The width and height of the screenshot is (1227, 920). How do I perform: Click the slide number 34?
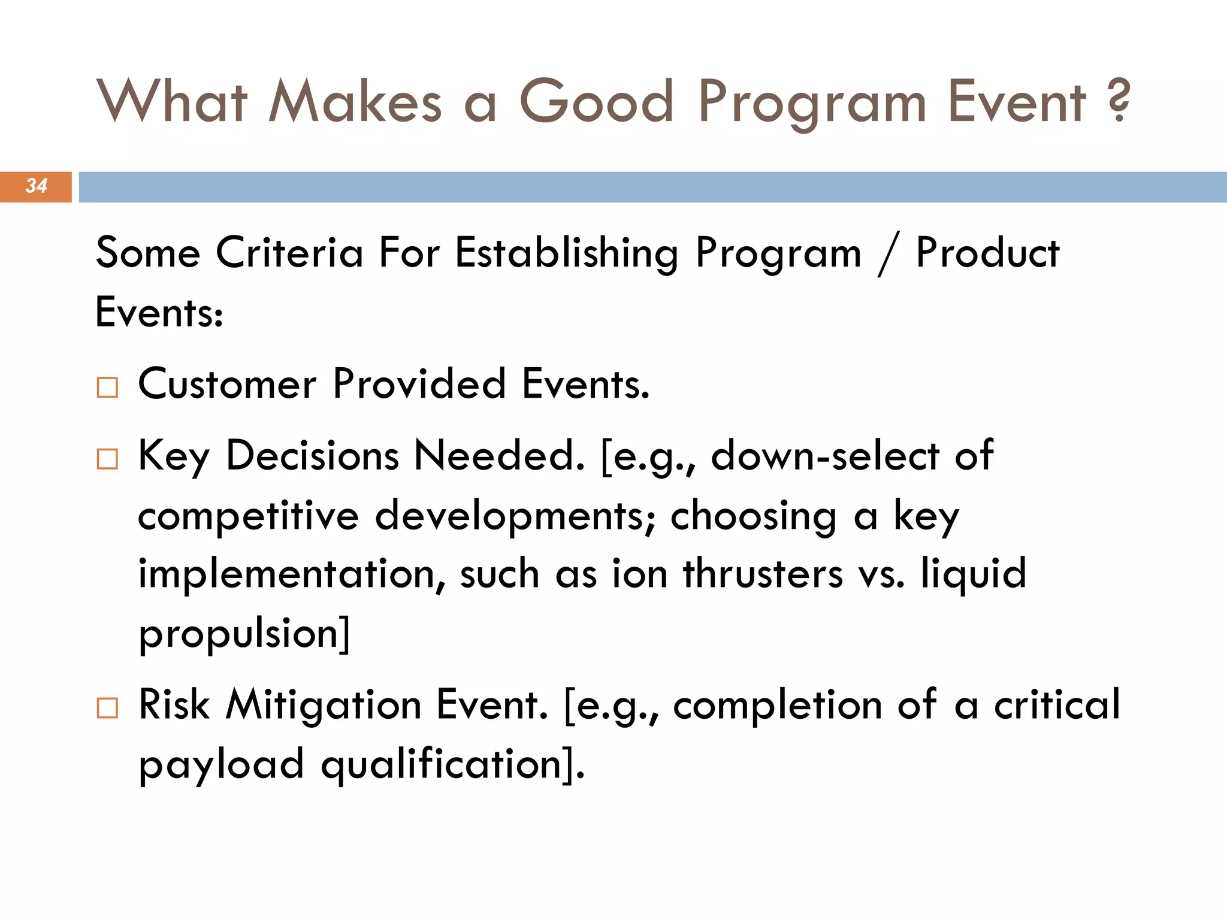pyautogui.click(x=36, y=186)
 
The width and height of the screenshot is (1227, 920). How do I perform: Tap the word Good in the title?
pyautogui.click(x=597, y=102)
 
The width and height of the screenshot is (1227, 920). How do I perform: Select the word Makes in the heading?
pyautogui.click(x=355, y=102)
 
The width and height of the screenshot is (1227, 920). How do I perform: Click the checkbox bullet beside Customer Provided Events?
pyautogui.click(x=107, y=388)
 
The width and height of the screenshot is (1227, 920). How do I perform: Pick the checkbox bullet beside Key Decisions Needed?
pyautogui.click(x=107, y=459)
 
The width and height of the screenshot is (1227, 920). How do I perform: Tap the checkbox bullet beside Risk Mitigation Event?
pyautogui.click(x=107, y=708)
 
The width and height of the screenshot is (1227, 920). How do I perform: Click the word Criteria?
pyautogui.click(x=289, y=253)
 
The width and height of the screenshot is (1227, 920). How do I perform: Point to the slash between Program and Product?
pyautogui.click(x=888, y=254)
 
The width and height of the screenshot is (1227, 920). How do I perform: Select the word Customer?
pyautogui.click(x=227, y=385)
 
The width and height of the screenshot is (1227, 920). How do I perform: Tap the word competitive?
pyautogui.click(x=248, y=516)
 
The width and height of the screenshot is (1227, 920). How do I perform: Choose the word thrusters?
pyautogui.click(x=763, y=574)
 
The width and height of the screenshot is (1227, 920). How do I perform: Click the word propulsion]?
pyautogui.click(x=244, y=634)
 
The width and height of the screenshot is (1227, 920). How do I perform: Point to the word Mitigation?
pyautogui.click(x=324, y=706)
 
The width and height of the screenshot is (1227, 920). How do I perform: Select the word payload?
pyautogui.click(x=221, y=765)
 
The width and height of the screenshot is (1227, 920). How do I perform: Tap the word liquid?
pyautogui.click(x=974, y=574)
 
